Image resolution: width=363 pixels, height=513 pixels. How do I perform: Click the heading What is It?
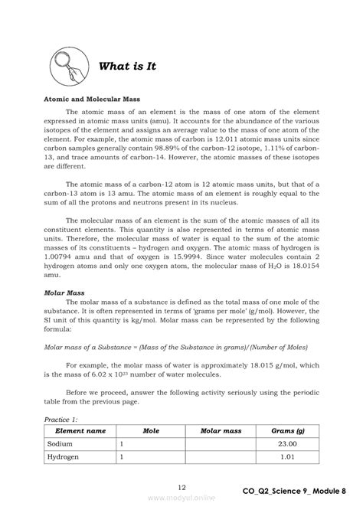tap(127, 67)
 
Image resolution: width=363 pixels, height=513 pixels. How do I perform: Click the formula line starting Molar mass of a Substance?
tap(178, 347)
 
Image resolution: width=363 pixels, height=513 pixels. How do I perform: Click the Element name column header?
tap(75, 431)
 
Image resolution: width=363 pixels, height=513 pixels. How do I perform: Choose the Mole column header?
tap(150, 431)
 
